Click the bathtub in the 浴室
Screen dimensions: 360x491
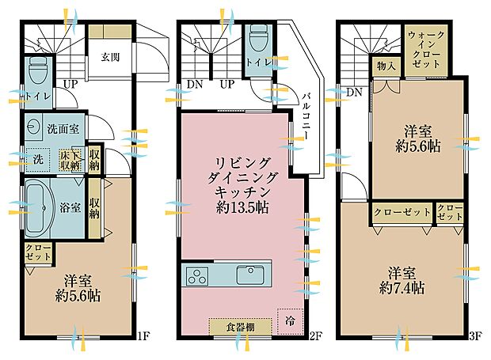40,207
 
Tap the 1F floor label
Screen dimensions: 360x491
143,336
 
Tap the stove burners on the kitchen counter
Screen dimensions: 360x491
196,276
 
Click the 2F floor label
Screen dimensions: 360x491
315,336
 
